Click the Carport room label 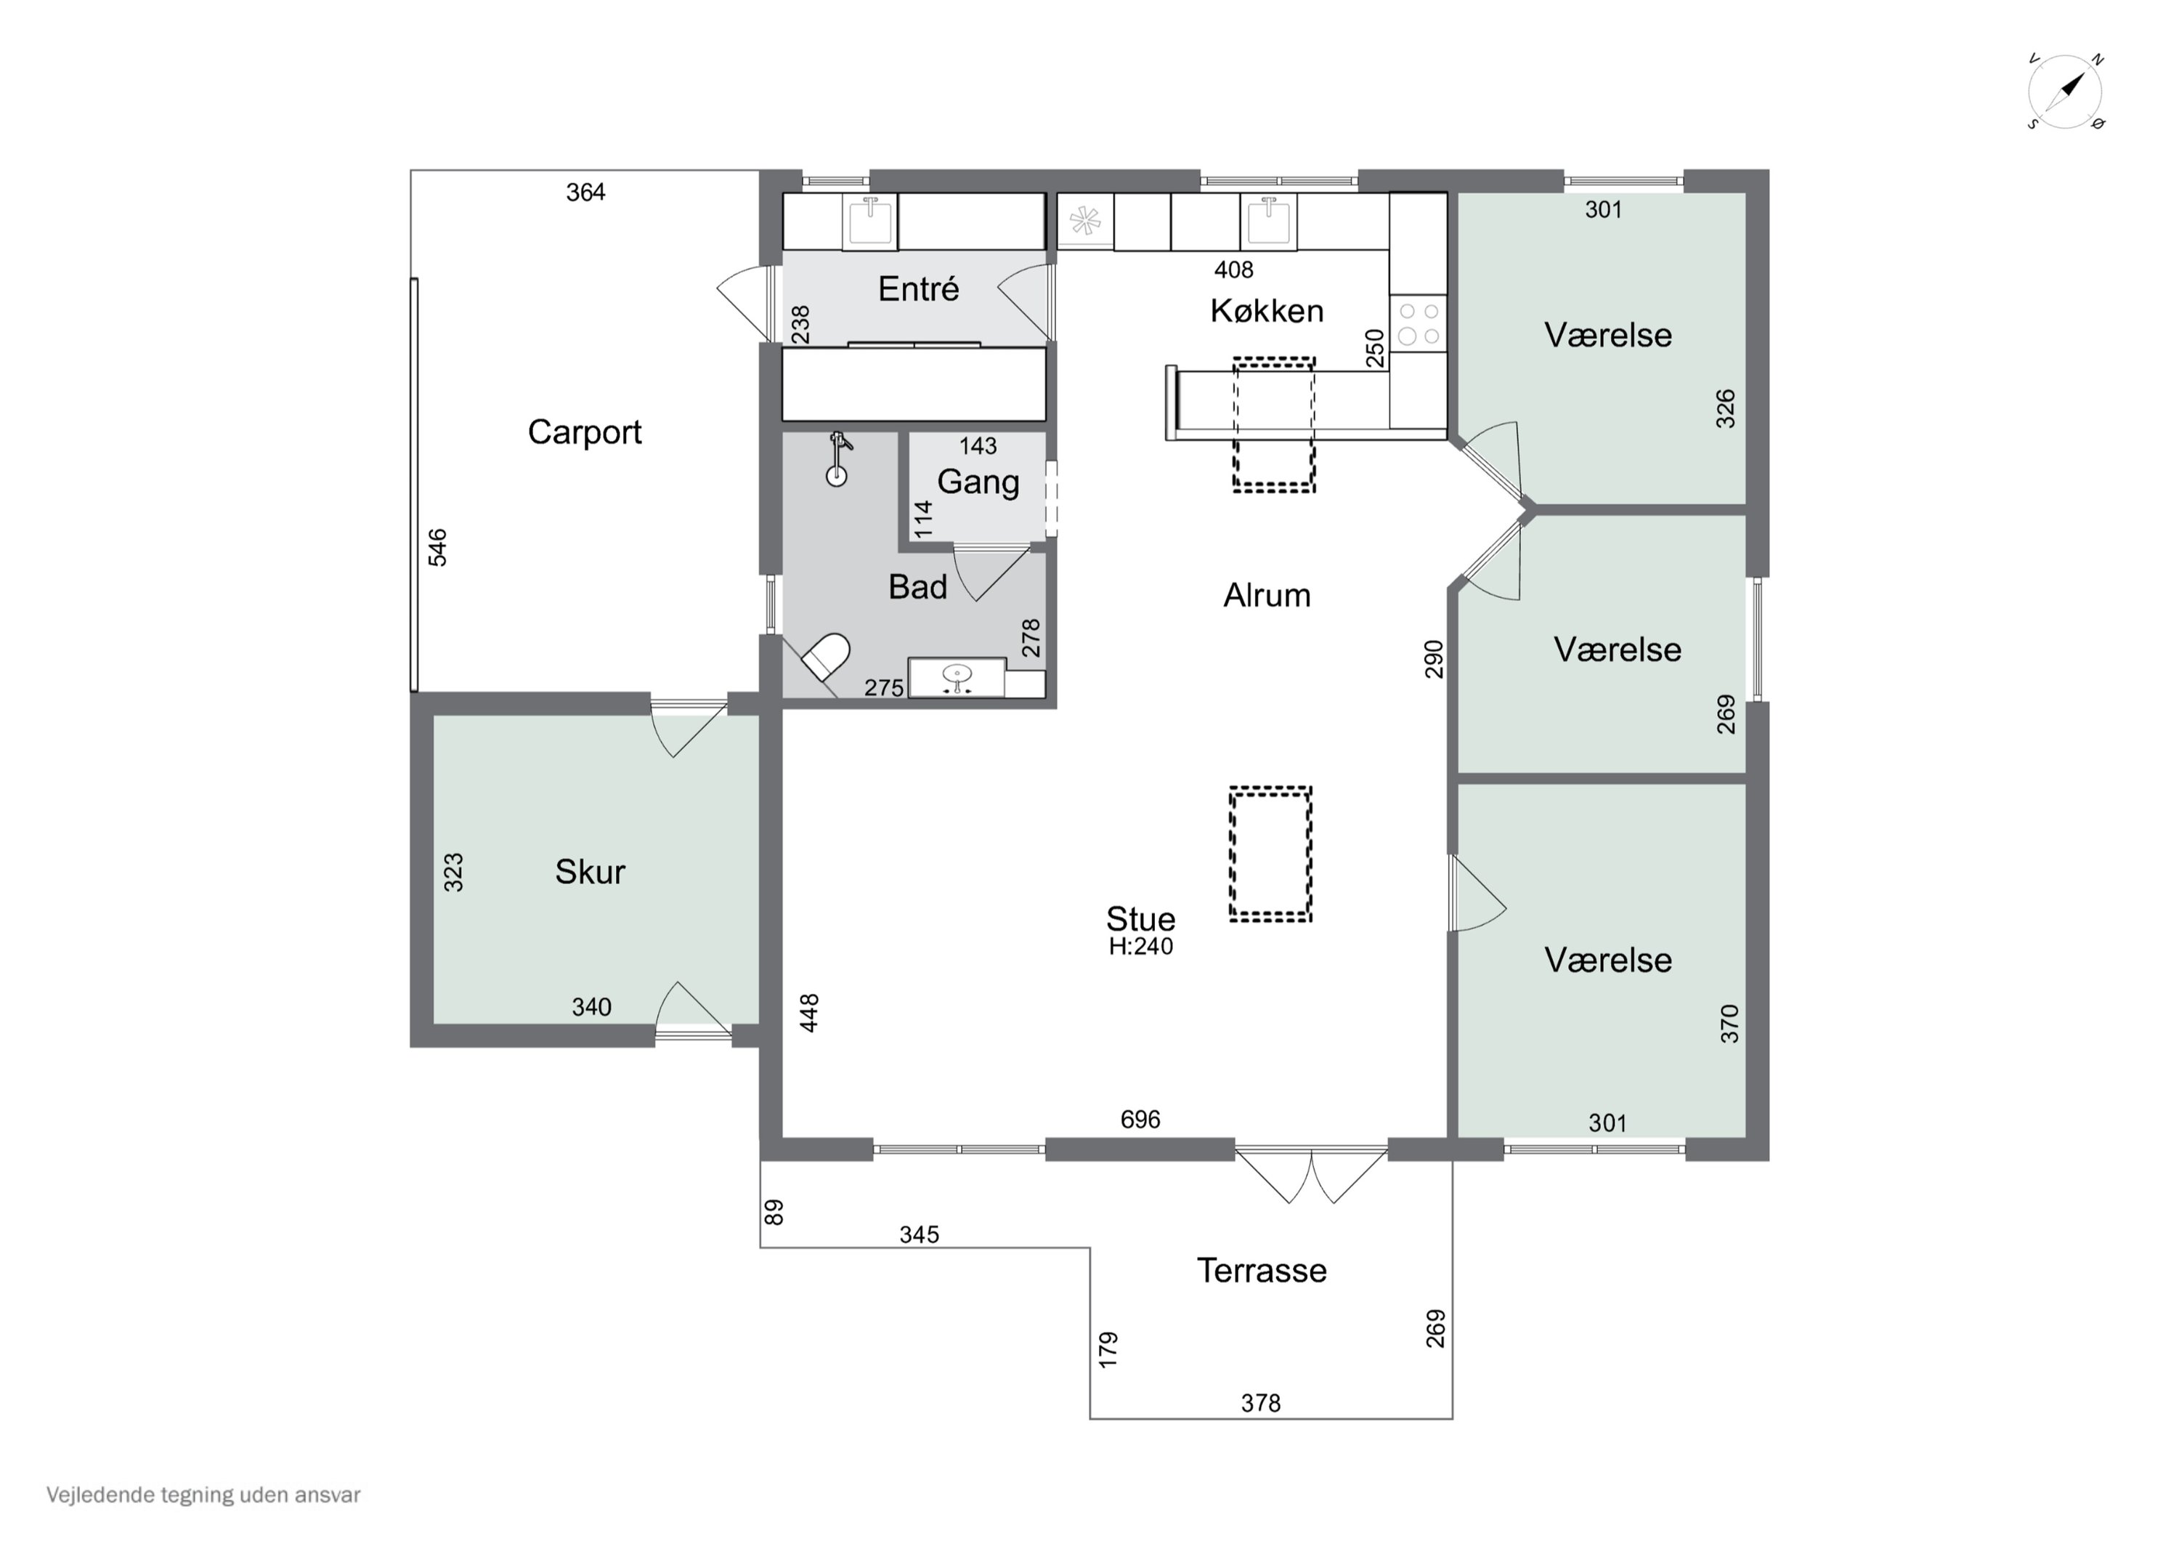[585, 432]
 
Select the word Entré [918, 288]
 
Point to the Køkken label [1266, 310]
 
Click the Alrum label [1266, 595]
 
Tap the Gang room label [978, 482]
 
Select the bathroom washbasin [957, 677]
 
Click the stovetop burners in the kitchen [1419, 323]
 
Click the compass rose [2065, 93]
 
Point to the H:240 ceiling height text [1141, 947]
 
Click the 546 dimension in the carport [437, 548]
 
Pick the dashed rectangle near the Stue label [1271, 854]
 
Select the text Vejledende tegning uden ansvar [203, 1495]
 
